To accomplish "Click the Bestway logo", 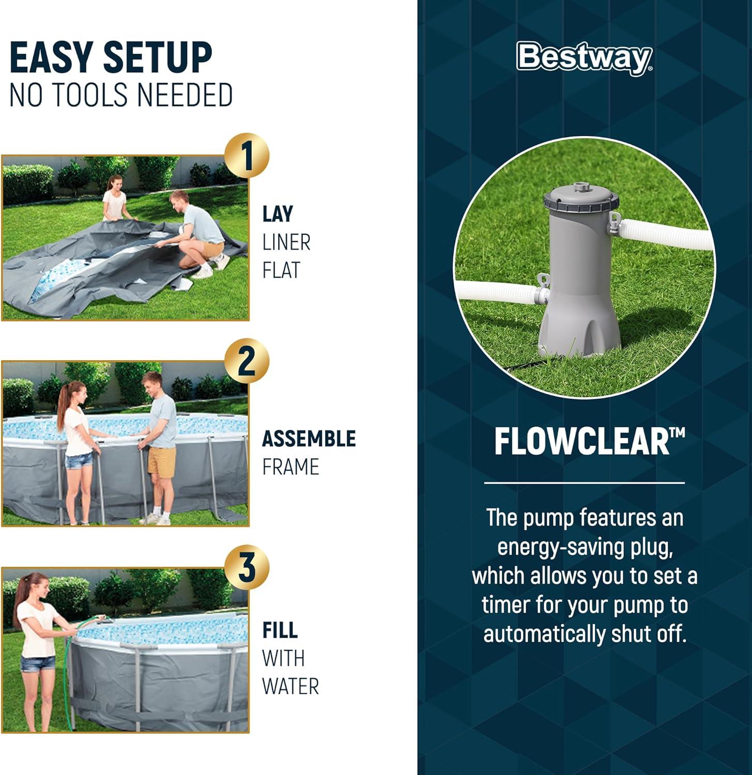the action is point(585,57).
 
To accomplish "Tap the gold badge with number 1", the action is point(247,156).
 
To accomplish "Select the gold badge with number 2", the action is point(247,361).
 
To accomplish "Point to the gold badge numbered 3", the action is point(247,567).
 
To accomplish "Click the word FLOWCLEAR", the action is point(582,442).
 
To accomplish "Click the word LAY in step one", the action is point(278,214).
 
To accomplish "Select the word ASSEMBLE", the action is point(309,439).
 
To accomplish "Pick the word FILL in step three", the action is point(280,630).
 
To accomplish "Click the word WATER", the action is point(290,686).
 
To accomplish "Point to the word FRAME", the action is point(290,467).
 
